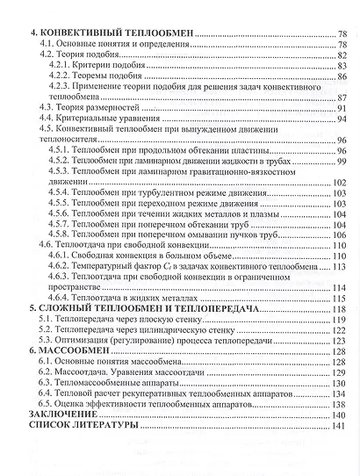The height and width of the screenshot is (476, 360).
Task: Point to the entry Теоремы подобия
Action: pyautogui.click(x=111, y=77)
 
